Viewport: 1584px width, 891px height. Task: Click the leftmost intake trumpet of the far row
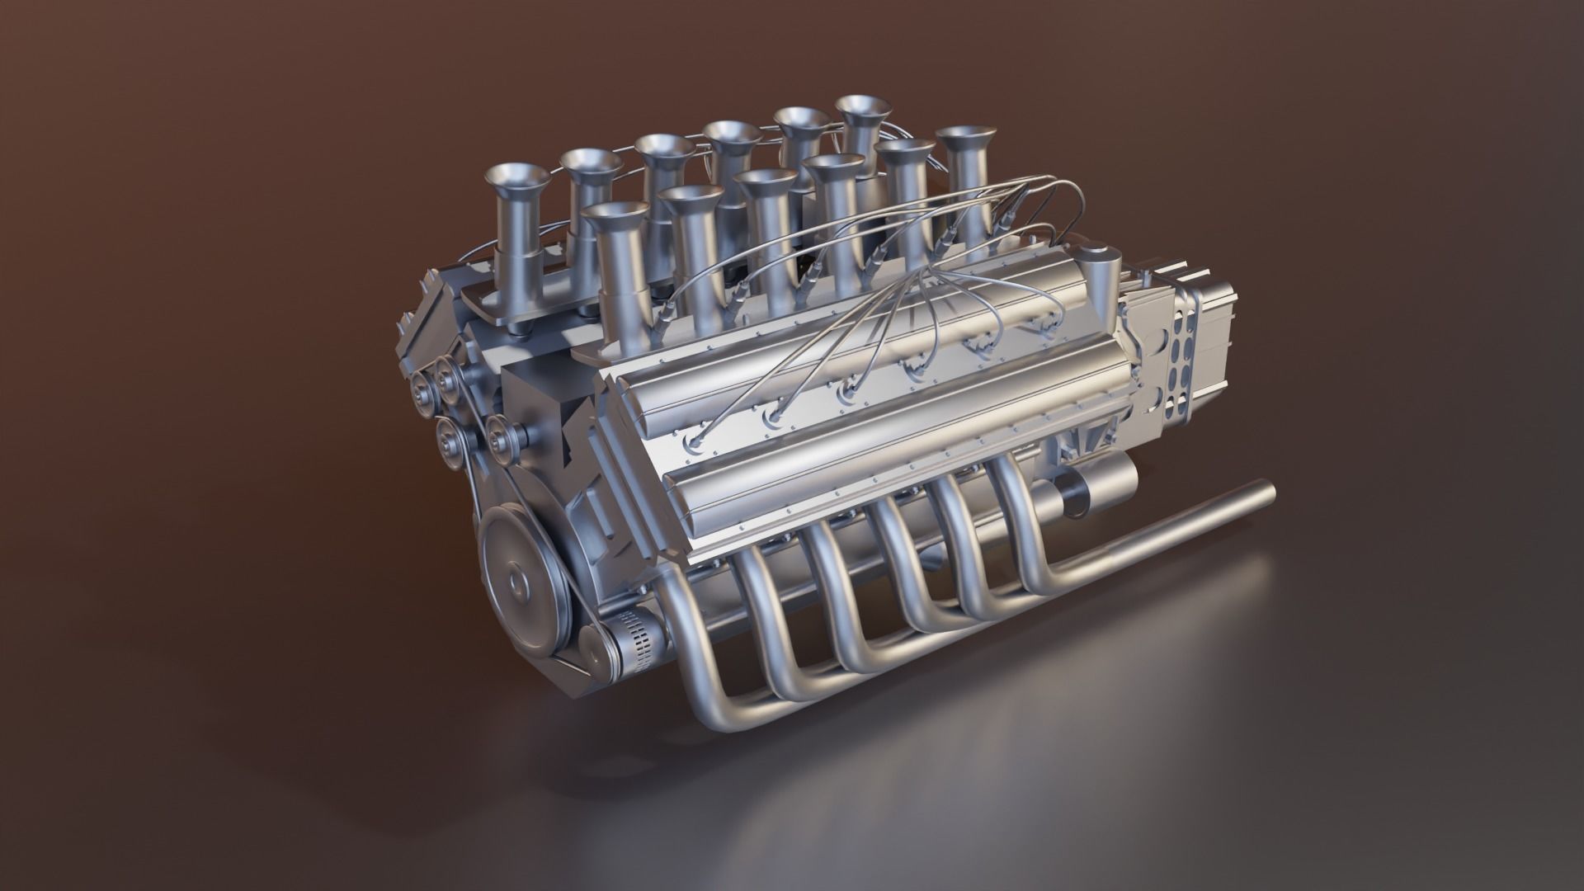[517, 177]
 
